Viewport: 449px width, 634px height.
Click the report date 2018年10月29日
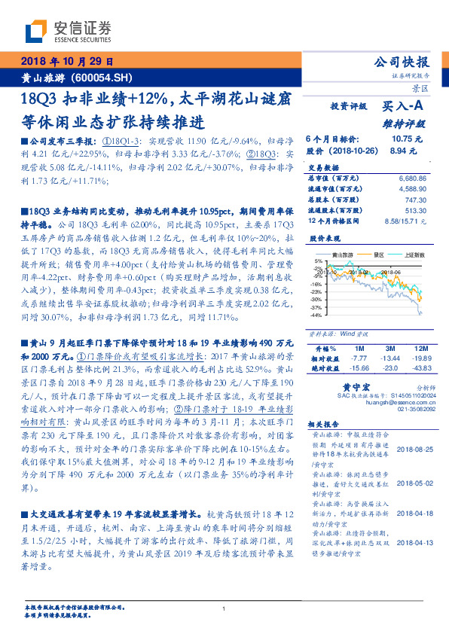[x=66, y=62]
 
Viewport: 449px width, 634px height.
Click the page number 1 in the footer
[x=225, y=608]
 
